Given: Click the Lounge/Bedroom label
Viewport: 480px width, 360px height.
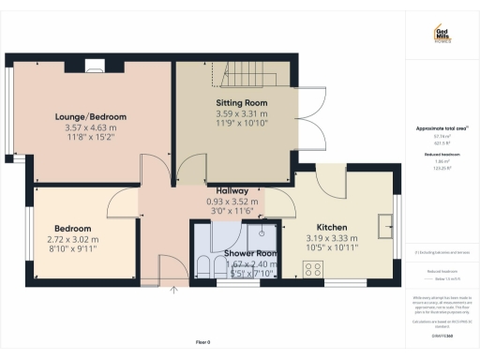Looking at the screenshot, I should [90, 116].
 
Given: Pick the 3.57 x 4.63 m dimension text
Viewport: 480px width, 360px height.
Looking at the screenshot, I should [90, 127].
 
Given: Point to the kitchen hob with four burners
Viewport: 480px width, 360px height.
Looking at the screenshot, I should [313, 269].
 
